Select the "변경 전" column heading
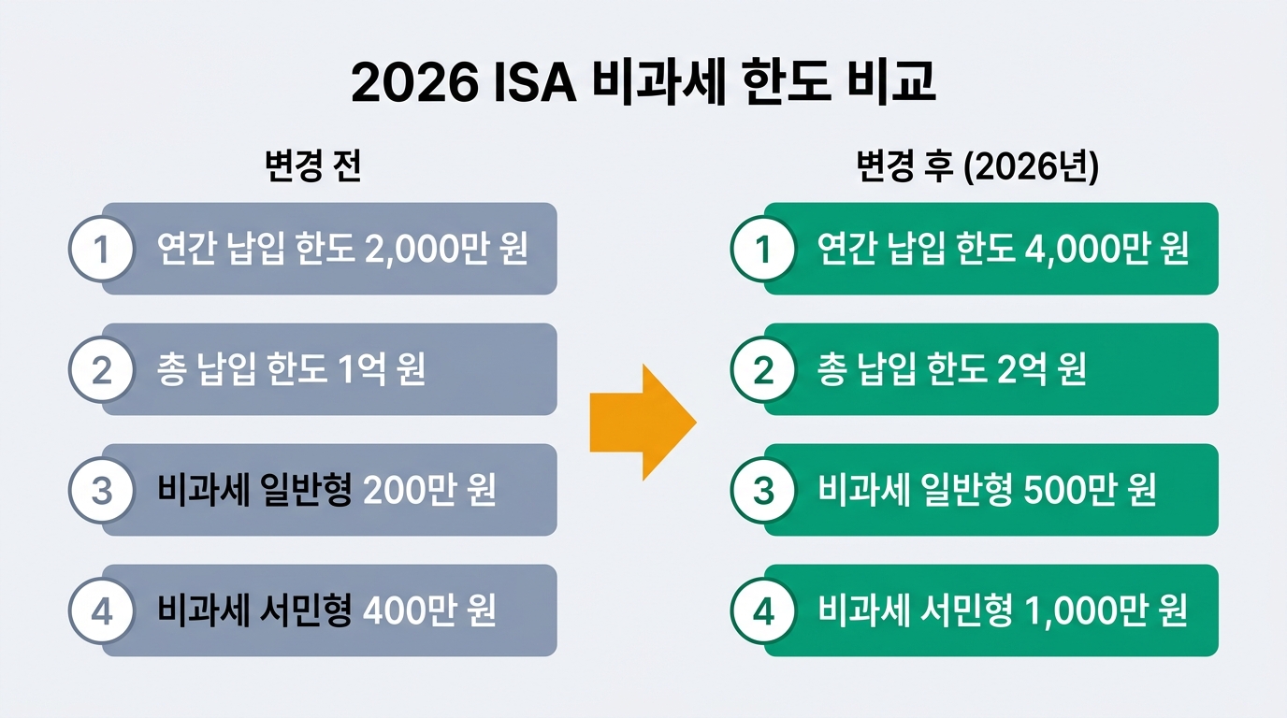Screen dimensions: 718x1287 coord(313,167)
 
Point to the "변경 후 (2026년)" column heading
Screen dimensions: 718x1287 coord(977,167)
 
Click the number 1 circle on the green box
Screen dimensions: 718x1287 coord(763,250)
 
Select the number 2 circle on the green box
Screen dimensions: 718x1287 coord(763,370)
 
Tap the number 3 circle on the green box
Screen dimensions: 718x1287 coord(763,491)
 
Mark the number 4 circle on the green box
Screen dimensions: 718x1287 coord(763,611)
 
